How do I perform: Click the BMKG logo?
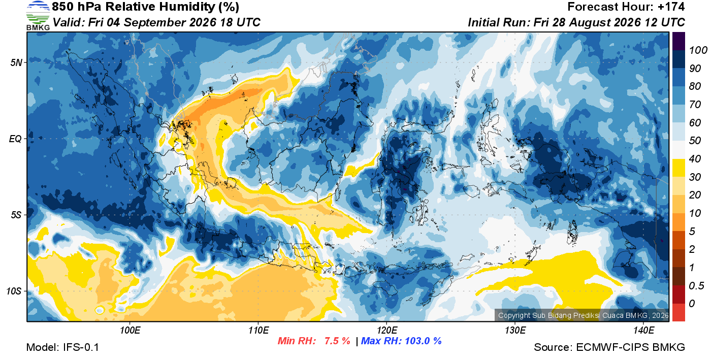pos(38,16)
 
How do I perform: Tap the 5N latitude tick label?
pos(16,62)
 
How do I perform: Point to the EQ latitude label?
pos(16,139)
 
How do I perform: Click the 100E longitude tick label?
pos(130,330)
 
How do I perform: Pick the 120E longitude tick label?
pos(387,330)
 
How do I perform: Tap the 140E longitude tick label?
pos(644,330)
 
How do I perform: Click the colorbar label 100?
pos(698,50)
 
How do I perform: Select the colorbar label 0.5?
pos(697,286)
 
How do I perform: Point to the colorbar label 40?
pos(695,159)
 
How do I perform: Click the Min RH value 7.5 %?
pos(337,341)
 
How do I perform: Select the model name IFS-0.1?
pos(81,347)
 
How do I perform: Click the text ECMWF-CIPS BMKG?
pos(630,347)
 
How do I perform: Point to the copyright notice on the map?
pos(583,315)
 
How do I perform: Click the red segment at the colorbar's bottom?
pos(678,312)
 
